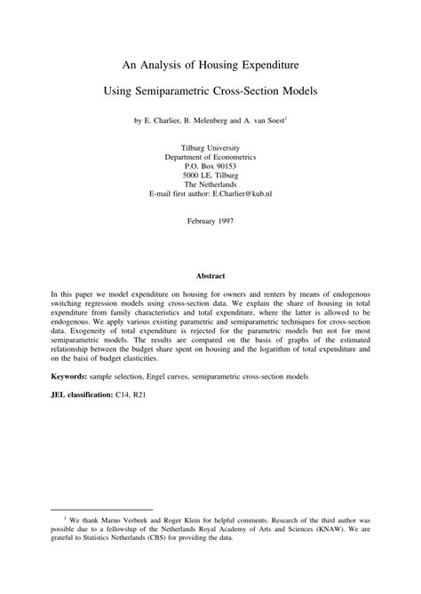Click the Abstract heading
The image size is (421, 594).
[x=210, y=276]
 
